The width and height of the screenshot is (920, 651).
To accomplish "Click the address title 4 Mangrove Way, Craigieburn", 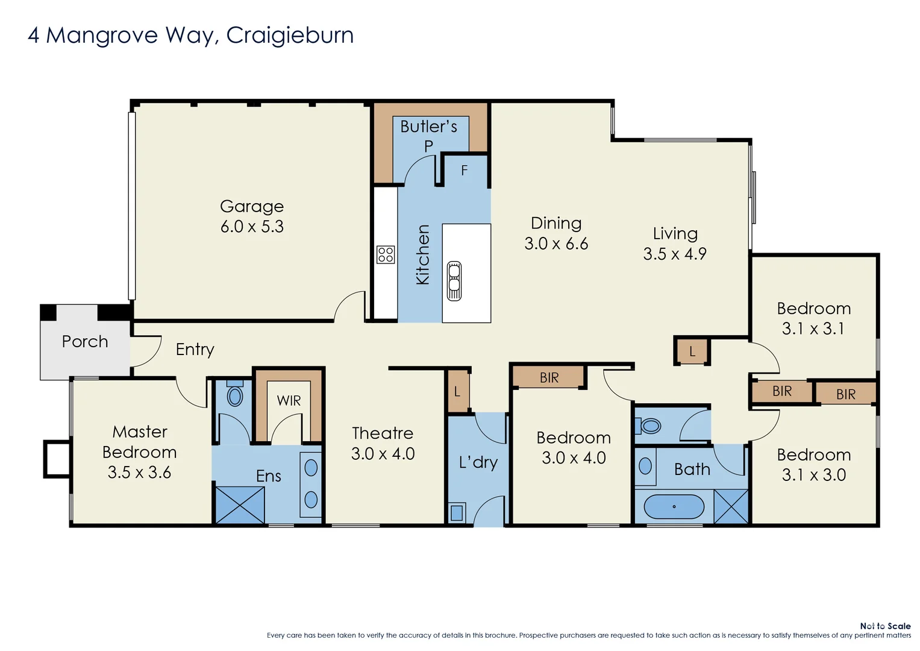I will (x=190, y=35).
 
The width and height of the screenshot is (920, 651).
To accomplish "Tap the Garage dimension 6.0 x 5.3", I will (x=252, y=227).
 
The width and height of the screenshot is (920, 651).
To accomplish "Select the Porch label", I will (x=85, y=341).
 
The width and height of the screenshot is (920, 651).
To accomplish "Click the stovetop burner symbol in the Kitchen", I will (x=386, y=254).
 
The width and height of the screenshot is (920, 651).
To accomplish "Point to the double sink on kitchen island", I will (x=454, y=281).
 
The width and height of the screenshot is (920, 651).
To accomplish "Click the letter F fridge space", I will (x=465, y=171).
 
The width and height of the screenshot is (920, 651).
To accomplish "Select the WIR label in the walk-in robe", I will (x=289, y=401).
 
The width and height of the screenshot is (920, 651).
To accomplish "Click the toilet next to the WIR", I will (x=234, y=396).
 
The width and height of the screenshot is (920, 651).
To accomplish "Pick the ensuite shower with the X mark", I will (x=240, y=505).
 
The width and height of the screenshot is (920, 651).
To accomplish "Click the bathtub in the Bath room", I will (x=674, y=507).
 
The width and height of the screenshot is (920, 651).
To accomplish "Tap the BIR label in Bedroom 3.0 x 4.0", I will (x=549, y=378).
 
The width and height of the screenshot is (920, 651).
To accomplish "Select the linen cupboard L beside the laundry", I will (x=457, y=392).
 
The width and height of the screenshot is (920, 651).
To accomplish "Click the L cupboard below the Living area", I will (x=692, y=351).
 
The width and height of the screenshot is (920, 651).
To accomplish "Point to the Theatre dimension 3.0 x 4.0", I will (x=383, y=454).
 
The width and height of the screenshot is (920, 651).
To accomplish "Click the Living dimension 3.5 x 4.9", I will (x=674, y=254).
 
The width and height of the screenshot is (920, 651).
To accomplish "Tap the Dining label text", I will (x=555, y=223).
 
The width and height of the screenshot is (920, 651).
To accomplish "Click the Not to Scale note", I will (x=884, y=626).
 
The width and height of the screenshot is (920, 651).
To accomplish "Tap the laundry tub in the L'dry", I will (x=456, y=512).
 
